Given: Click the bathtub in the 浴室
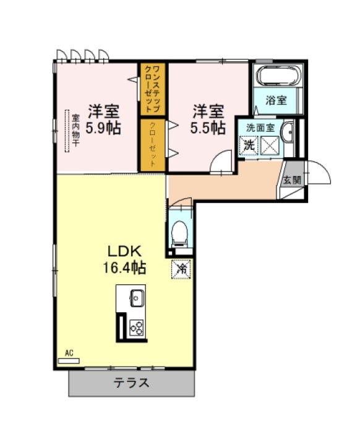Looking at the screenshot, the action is (x=278, y=76).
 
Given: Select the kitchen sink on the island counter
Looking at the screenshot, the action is (x=137, y=298).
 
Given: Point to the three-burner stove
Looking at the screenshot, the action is (x=137, y=328).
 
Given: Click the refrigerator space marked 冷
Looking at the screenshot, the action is (x=181, y=269).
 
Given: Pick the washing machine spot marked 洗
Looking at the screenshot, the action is (x=249, y=146).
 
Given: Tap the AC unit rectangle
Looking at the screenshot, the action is (x=69, y=361).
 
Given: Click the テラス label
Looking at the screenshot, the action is (x=132, y=383).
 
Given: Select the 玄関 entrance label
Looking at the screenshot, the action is (x=292, y=180).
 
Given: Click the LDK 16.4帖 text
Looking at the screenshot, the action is (x=124, y=259).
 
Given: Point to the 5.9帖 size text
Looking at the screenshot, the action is (x=103, y=128).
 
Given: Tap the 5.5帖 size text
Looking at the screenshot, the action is (x=208, y=128).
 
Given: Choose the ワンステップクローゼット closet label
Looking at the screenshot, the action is (x=152, y=89).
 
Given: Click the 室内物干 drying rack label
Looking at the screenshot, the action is (x=75, y=130).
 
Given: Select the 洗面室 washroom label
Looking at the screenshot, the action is (x=260, y=128).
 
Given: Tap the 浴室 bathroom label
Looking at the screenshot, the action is (x=276, y=100).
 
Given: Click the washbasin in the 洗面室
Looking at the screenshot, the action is (x=287, y=132).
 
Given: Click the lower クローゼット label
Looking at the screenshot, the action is (x=152, y=144).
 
